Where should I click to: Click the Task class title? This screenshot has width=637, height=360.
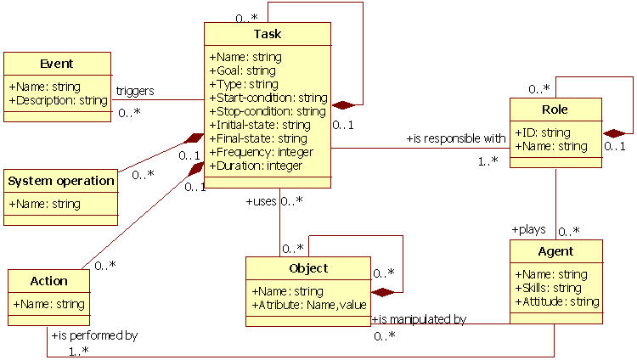(268, 34)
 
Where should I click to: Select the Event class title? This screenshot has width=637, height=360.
(57, 64)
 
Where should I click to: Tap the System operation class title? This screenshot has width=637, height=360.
(60, 180)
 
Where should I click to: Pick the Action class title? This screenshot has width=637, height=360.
(49, 281)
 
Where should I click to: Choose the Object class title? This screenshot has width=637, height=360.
(308, 268)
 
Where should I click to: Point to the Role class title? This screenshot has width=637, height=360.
(555, 110)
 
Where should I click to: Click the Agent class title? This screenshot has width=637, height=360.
(555, 251)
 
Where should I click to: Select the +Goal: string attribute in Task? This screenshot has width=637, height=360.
(243, 70)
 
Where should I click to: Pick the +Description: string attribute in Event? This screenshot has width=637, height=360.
(58, 100)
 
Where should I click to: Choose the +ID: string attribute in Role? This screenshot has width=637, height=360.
(543, 132)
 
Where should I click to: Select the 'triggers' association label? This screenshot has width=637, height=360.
(134, 90)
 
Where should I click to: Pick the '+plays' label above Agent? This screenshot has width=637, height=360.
(527, 229)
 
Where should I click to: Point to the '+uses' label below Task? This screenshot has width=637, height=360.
(261, 201)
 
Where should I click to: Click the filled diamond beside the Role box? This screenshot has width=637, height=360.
(613, 132)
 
